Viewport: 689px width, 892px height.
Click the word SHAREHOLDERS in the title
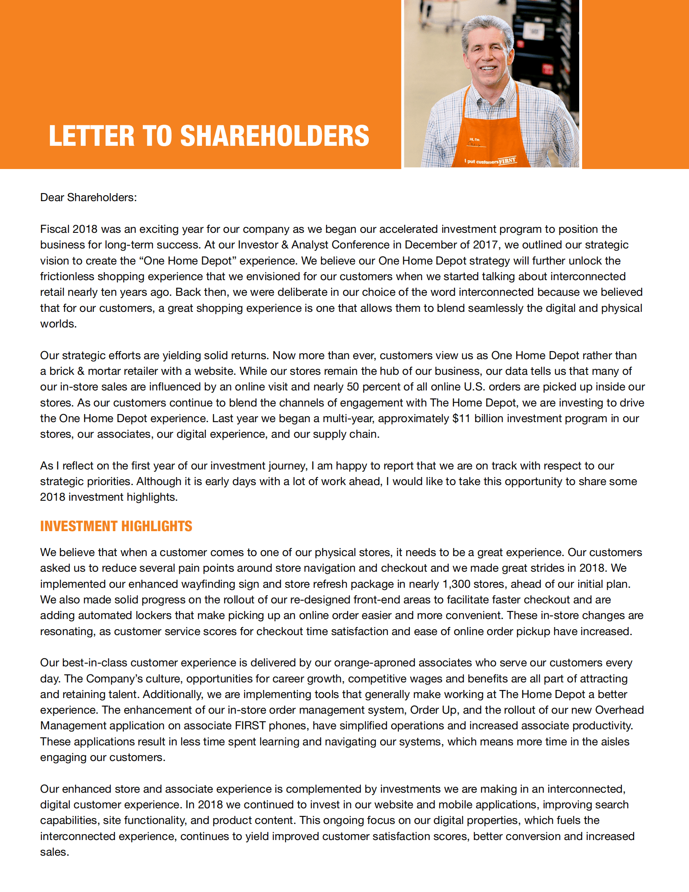(275, 136)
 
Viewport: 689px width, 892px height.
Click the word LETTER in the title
(92, 136)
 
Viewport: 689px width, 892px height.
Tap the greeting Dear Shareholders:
(88, 197)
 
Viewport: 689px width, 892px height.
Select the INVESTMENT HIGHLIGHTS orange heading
(116, 526)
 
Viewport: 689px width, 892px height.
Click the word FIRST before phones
(250, 726)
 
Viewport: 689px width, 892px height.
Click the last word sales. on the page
(54, 852)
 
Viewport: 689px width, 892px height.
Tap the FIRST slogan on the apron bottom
(507, 161)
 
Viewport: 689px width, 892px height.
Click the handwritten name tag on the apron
(474, 144)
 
